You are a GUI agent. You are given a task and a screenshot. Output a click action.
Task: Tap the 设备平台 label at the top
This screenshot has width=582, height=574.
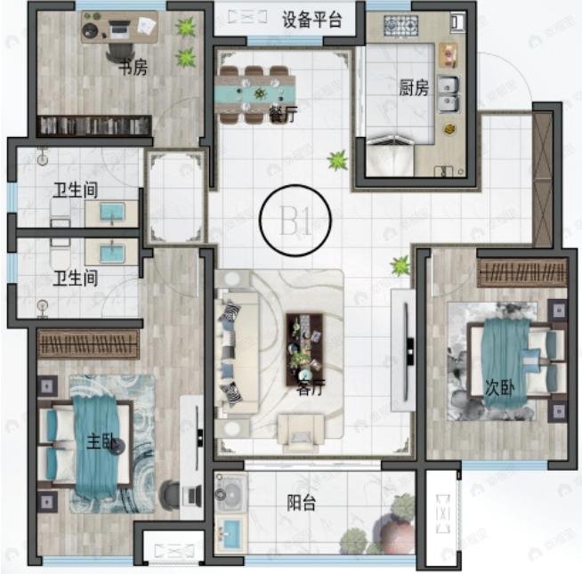(311, 20)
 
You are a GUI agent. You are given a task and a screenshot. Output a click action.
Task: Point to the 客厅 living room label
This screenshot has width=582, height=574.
(311, 389)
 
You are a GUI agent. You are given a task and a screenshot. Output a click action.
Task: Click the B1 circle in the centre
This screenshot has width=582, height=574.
(295, 220)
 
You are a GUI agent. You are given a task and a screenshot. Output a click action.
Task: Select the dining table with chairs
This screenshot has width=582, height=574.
(255, 90)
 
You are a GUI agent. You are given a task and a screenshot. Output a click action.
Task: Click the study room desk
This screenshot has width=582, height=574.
(120, 28)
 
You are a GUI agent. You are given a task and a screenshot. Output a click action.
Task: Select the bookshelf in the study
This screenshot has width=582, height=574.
(92, 126)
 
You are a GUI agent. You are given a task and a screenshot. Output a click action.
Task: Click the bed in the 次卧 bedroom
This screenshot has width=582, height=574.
(513, 360)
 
